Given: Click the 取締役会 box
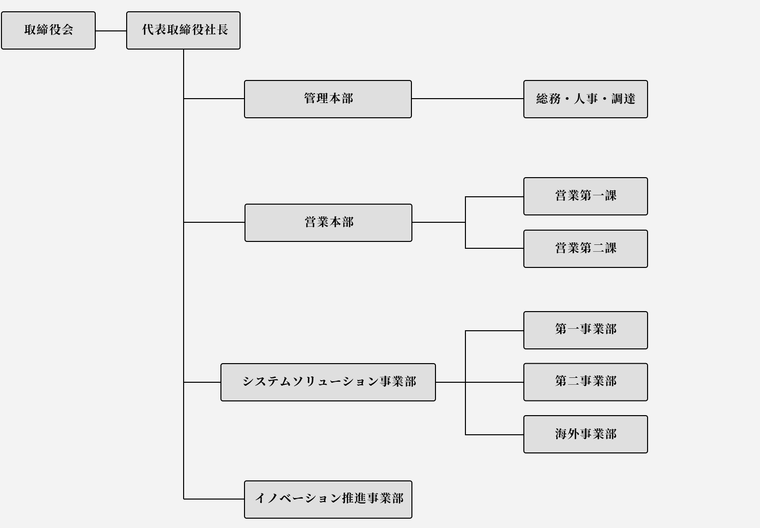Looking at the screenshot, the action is pos(48,30).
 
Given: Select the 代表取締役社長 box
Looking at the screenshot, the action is pos(183,30).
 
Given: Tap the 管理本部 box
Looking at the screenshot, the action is pos(328,99).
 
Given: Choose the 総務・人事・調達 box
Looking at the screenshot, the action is pos(586,99).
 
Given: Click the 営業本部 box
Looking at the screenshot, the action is pos(328,223).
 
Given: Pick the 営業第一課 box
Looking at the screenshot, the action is pos(586,196).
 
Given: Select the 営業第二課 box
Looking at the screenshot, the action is pos(586,249).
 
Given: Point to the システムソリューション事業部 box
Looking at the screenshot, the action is pos(328,382).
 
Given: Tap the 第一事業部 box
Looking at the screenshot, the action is pos(586,330).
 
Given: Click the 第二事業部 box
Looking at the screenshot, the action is pos(586,382).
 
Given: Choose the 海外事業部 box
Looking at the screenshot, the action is pos(586,434).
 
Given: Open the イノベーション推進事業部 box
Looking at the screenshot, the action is pos(328,500).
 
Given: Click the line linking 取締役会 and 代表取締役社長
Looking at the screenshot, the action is pos(111,31).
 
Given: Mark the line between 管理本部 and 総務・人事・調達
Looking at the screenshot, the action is pos(467,99).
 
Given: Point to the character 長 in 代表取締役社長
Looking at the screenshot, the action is pos(222,29).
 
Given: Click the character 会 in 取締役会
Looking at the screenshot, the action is pos(67,29).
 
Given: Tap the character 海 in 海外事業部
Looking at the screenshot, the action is pos(561,434).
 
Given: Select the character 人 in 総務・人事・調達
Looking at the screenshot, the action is pos(579,99).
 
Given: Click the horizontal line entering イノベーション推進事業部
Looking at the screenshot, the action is pos(214,499).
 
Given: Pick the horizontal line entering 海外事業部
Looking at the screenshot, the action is pos(494,434).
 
